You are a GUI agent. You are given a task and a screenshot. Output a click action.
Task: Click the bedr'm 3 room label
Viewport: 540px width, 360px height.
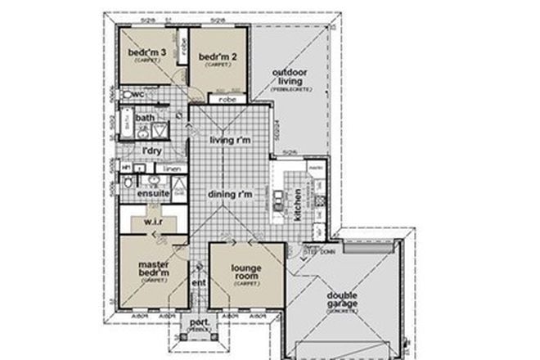148,54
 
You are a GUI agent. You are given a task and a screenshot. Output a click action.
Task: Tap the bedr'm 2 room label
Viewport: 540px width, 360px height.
217,56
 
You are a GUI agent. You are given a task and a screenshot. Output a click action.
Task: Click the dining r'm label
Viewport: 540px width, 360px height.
230,194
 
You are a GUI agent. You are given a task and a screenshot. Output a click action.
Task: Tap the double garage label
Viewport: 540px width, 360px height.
344,299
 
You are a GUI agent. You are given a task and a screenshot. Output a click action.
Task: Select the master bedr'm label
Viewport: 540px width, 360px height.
154,268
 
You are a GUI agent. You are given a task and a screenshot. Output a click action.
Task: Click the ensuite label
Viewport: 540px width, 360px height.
153,193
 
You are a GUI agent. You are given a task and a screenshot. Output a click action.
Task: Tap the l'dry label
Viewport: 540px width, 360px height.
151,151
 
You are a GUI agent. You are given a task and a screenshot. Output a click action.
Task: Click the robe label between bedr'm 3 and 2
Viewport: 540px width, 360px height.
185,43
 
